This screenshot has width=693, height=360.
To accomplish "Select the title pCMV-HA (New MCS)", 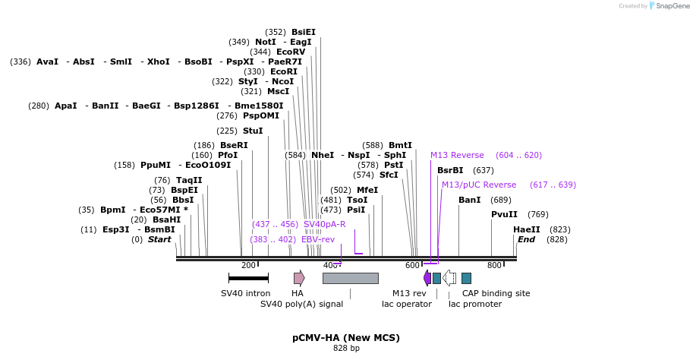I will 346,337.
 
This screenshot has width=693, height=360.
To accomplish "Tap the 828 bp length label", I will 346,349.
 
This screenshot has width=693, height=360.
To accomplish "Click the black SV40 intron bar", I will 248,278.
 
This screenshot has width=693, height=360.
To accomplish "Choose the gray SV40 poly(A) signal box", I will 350,278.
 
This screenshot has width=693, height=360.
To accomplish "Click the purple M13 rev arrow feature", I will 427,278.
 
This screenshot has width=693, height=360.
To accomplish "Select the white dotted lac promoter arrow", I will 449,278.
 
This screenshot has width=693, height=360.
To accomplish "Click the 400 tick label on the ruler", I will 330,265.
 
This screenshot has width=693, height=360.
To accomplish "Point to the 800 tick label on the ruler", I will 494,265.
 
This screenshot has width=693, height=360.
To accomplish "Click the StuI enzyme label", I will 253,131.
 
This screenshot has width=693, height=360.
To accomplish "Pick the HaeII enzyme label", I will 527,229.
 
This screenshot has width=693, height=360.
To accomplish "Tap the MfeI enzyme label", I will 367,190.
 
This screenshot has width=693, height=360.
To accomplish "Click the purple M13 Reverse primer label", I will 457,155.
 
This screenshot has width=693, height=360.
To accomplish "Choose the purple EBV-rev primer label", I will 318,239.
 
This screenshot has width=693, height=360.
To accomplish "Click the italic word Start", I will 159,239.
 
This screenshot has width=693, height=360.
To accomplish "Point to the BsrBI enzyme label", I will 450,170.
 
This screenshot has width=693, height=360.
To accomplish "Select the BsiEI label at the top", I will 304,32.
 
